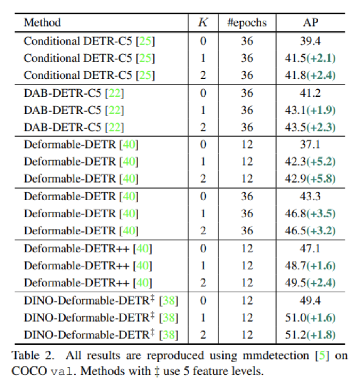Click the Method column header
pos(42,22)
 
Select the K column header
pos(203,22)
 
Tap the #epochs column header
pos(246,22)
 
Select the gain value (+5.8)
pos(321,179)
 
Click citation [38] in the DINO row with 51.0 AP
pos(169,318)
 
